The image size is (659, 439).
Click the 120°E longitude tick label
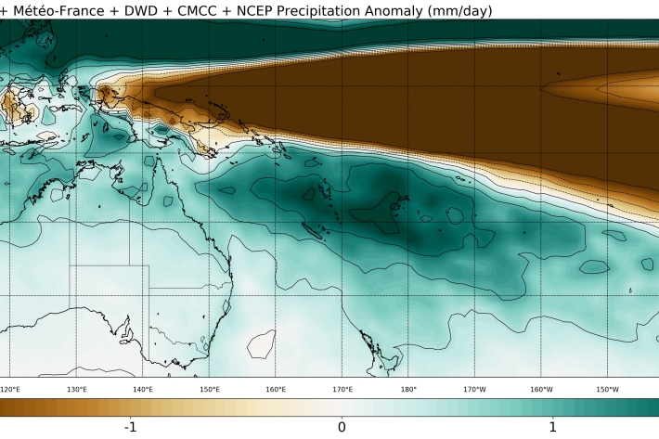(11, 390)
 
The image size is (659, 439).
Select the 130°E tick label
(77, 390)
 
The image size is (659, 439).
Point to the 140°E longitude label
(143, 390)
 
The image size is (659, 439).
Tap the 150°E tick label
(210, 390)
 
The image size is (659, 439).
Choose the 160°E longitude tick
(276, 390)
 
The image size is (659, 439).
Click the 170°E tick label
(342, 390)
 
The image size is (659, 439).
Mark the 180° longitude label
(408, 390)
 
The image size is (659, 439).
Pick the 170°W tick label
(475, 390)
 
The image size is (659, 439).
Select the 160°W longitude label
(541, 390)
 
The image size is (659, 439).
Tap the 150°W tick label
(608, 390)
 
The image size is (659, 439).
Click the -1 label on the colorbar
(132, 427)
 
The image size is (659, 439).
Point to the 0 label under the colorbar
(342, 427)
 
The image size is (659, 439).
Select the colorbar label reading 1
(552, 427)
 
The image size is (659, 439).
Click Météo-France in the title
(60, 10)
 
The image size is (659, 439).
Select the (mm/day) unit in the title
(464, 10)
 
